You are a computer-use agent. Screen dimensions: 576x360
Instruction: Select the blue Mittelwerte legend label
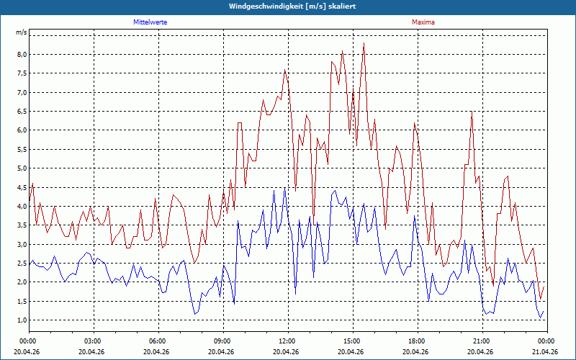click(150, 22)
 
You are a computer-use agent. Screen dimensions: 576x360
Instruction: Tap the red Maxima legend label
click(423, 22)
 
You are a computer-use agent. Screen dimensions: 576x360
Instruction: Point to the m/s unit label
click(22, 32)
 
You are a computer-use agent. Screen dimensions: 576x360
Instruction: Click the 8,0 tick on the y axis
click(22, 55)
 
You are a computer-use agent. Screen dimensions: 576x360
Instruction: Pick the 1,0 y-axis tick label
click(22, 320)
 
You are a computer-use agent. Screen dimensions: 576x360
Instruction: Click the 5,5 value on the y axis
click(22, 149)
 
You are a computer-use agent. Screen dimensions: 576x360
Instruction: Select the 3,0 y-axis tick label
click(22, 244)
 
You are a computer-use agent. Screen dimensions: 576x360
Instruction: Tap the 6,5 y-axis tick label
click(22, 112)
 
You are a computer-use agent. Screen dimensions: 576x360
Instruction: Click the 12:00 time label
click(288, 341)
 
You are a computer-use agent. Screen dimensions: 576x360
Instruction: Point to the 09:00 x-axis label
click(223, 341)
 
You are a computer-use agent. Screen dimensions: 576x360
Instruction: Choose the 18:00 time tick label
click(418, 341)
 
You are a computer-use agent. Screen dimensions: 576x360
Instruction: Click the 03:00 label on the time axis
click(94, 341)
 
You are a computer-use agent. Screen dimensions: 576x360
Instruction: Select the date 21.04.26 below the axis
click(547, 351)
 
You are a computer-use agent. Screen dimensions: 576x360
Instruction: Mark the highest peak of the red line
click(364, 43)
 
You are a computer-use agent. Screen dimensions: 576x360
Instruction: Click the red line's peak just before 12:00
click(284, 69)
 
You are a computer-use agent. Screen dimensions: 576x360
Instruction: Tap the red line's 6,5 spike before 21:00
click(472, 112)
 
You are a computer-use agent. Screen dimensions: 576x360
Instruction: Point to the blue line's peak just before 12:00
click(284, 188)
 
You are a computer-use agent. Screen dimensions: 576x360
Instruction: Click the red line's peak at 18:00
click(415, 123)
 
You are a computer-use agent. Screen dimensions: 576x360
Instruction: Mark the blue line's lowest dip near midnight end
click(540, 318)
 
